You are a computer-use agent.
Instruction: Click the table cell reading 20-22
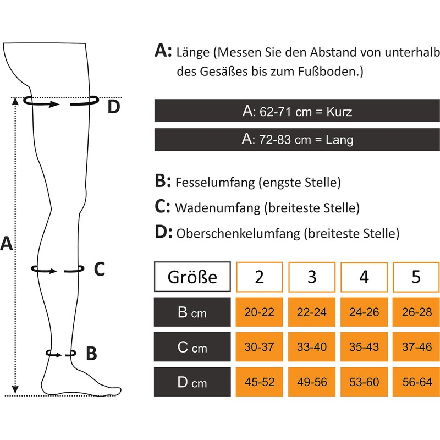[259, 312]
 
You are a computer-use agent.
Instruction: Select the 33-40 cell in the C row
[312, 347]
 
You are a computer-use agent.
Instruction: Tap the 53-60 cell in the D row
[364, 382]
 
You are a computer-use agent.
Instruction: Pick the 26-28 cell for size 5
[416, 312]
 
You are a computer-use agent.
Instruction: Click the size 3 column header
[312, 277]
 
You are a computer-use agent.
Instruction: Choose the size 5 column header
[416, 277]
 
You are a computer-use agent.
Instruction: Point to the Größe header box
[192, 277]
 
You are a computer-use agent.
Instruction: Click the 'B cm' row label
[192, 312]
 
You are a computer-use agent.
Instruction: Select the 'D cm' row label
[192, 382]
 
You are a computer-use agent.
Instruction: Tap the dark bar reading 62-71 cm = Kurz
[297, 111]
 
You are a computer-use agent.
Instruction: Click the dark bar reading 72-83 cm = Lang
[297, 140]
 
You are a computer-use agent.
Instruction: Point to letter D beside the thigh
[114, 107]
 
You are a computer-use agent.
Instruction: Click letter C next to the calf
[100, 269]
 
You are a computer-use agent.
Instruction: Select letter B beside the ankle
[91, 353]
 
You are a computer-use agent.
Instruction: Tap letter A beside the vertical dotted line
[7, 243]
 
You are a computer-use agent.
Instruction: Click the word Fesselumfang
[215, 183]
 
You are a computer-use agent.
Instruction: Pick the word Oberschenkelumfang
[238, 233]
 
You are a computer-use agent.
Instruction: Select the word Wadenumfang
[218, 208]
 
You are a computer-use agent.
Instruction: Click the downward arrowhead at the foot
[15, 389]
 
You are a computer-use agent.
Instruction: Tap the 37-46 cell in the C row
[416, 347]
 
